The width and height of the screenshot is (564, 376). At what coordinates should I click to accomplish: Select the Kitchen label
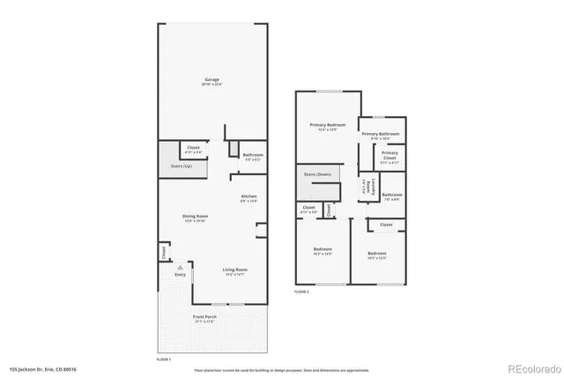[249, 196]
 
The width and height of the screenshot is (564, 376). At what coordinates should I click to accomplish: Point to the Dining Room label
[196, 216]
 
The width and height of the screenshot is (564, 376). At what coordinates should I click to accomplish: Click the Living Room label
[234, 269]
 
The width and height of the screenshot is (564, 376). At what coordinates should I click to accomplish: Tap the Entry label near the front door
[180, 275]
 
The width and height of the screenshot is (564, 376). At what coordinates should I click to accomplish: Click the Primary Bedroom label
[328, 125]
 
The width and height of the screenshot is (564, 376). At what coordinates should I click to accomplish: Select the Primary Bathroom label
[382, 133]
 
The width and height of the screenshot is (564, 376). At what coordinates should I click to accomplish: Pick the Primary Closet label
[390, 154]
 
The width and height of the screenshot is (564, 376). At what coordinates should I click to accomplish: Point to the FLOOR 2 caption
[301, 291]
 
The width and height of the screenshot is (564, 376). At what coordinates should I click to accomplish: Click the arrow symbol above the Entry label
[180, 266]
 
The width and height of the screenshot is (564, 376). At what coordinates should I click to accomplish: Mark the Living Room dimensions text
[234, 275]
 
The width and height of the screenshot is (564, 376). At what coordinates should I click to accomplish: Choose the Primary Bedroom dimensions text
[328, 130]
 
